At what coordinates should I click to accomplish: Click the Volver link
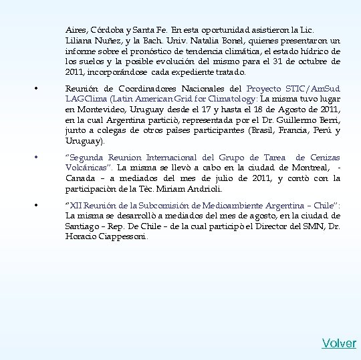[339, 343]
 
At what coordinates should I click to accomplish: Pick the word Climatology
[235, 99]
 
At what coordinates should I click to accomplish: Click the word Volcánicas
[87, 168]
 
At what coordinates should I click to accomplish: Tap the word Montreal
[311, 168]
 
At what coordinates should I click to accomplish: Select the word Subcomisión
[172, 206]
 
